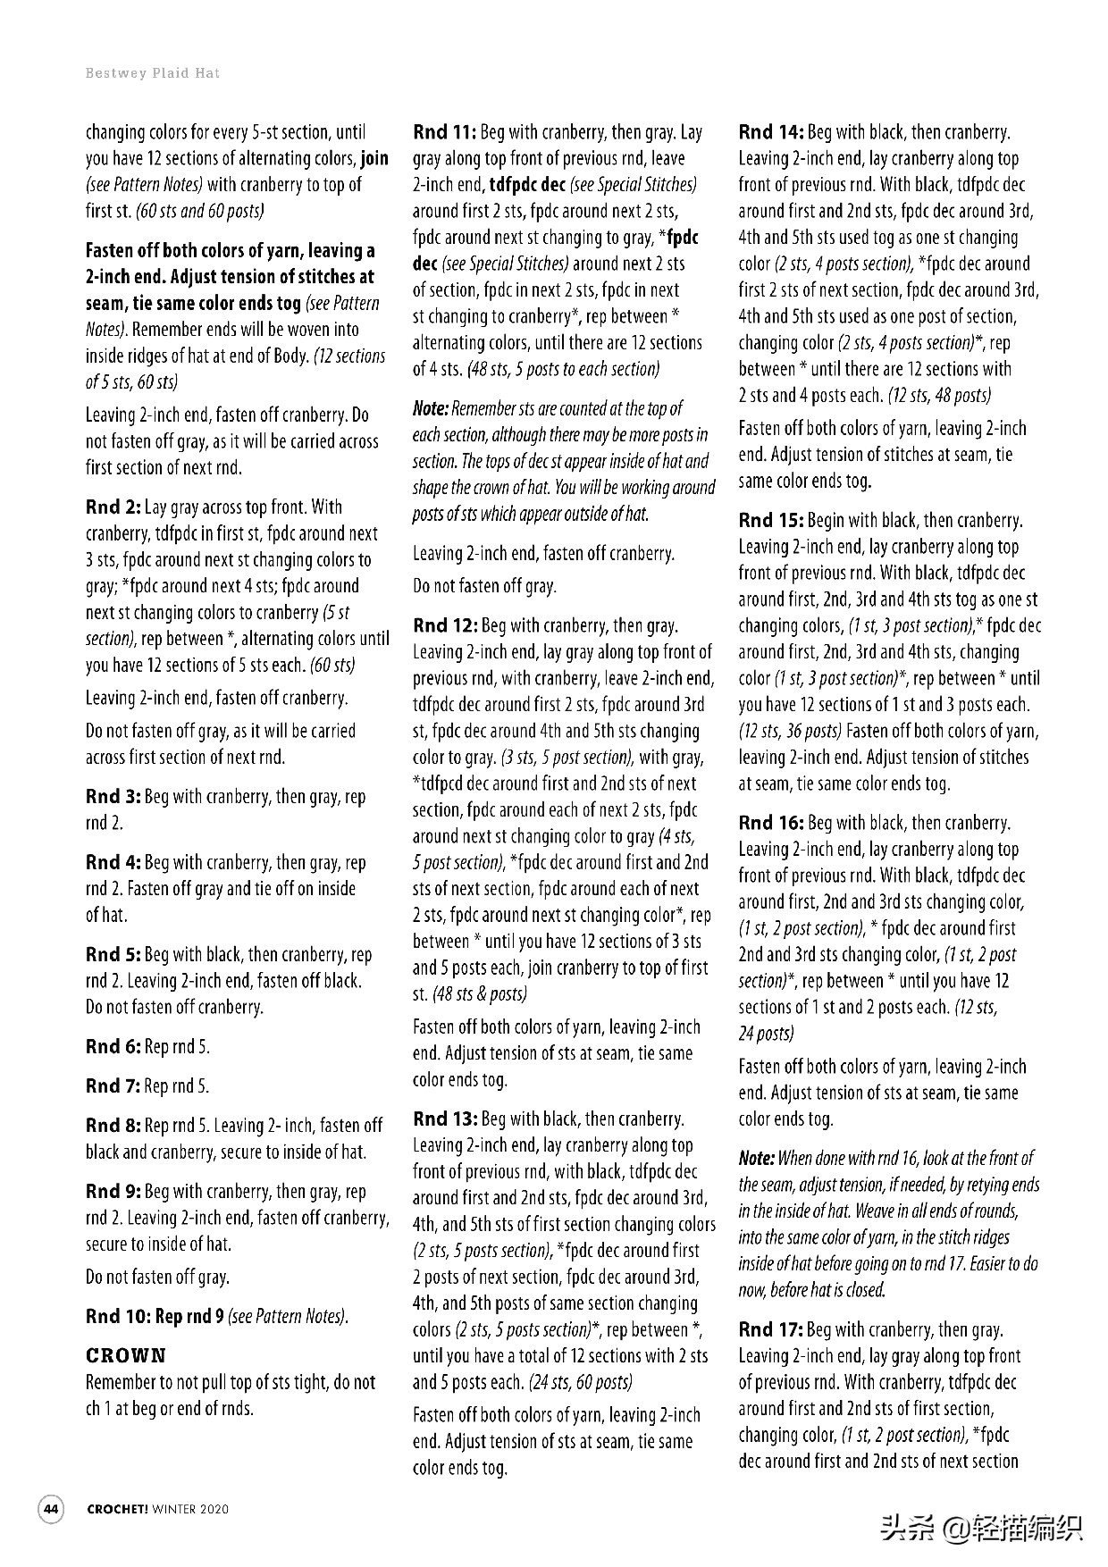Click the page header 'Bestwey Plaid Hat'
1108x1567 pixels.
(x=152, y=73)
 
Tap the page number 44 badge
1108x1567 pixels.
(x=51, y=1509)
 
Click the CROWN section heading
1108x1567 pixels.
(x=126, y=1355)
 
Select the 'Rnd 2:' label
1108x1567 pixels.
(x=113, y=507)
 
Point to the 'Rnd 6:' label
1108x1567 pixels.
(x=113, y=1046)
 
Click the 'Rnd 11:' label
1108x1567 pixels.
(x=444, y=133)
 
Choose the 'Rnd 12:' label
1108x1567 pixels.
(x=445, y=625)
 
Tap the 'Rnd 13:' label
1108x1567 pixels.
(x=445, y=1119)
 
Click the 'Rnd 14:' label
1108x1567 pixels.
(x=771, y=133)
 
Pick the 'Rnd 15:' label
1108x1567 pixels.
(x=771, y=520)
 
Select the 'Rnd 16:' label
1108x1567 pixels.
(x=771, y=823)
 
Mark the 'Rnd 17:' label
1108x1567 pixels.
(x=771, y=1329)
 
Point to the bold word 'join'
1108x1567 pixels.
(x=374, y=159)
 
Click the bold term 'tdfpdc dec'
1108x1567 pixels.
(x=527, y=185)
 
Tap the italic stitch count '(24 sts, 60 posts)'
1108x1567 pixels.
(x=580, y=1382)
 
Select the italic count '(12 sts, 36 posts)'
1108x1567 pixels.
(x=790, y=731)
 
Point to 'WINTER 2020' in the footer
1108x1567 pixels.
(x=190, y=1509)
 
